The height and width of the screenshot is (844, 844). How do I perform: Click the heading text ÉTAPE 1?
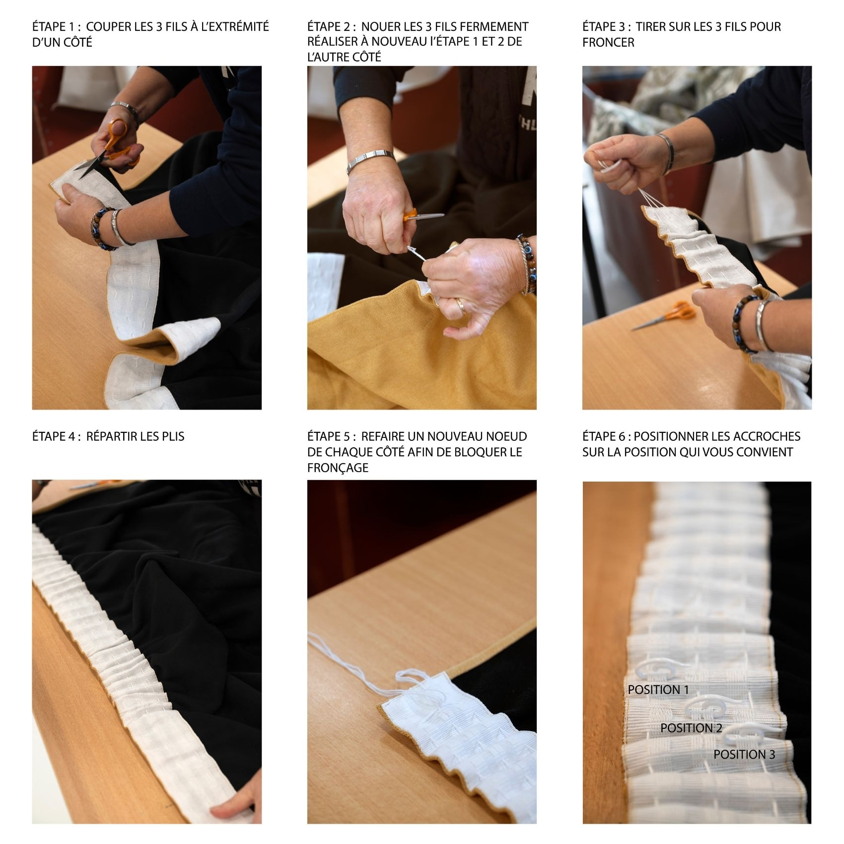click(56, 27)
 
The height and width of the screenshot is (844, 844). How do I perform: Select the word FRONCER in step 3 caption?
click(608, 43)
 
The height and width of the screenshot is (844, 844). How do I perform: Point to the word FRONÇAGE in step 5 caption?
click(338, 468)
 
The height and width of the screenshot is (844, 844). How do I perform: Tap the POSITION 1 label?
click(658, 690)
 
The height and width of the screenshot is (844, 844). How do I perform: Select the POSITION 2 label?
click(692, 728)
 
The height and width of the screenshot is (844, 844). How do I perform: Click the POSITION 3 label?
click(744, 755)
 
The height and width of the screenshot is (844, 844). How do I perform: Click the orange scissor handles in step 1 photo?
click(119, 140)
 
